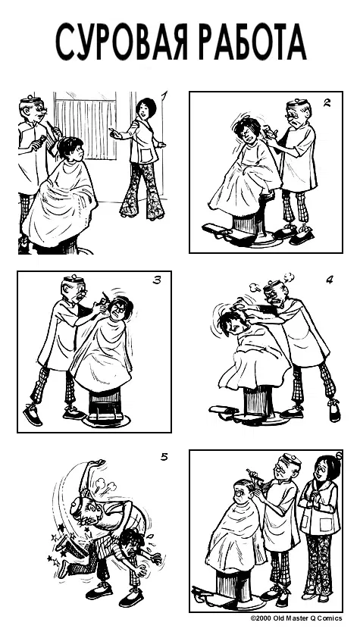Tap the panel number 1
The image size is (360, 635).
coord(164,97)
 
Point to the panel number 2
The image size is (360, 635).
coord(327,103)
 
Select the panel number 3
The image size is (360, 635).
coord(157,280)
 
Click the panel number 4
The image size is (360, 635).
coord(330,280)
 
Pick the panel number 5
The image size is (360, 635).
coord(164,457)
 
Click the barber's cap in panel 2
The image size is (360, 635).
coord(298,105)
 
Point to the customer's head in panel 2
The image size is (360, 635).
coord(247,130)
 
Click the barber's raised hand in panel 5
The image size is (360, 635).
coord(96,463)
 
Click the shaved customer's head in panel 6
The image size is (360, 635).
coord(243,491)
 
